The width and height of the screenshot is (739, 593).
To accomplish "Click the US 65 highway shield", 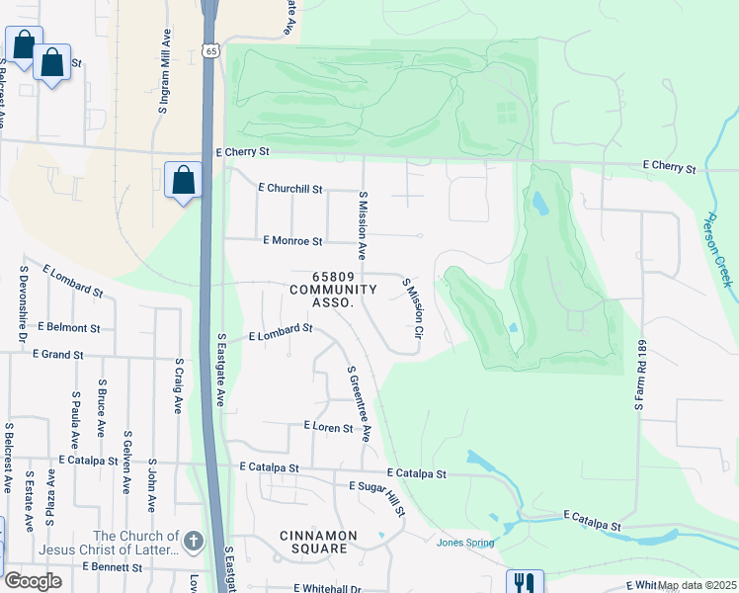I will coord(210,49).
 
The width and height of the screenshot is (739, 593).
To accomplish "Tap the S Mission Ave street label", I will coord(363,226).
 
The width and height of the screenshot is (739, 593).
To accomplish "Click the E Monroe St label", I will coord(292,241).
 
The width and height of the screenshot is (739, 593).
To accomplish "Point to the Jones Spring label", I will coord(464,542).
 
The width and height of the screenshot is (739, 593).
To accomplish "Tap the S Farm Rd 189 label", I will coord(638,377).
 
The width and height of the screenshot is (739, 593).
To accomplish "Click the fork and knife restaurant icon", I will coord(524,583).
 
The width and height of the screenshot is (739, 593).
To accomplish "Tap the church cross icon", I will coord(194,541).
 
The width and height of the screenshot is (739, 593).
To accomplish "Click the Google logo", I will coord(33,581).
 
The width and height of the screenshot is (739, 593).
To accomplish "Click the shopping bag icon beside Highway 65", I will coord(183,181).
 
